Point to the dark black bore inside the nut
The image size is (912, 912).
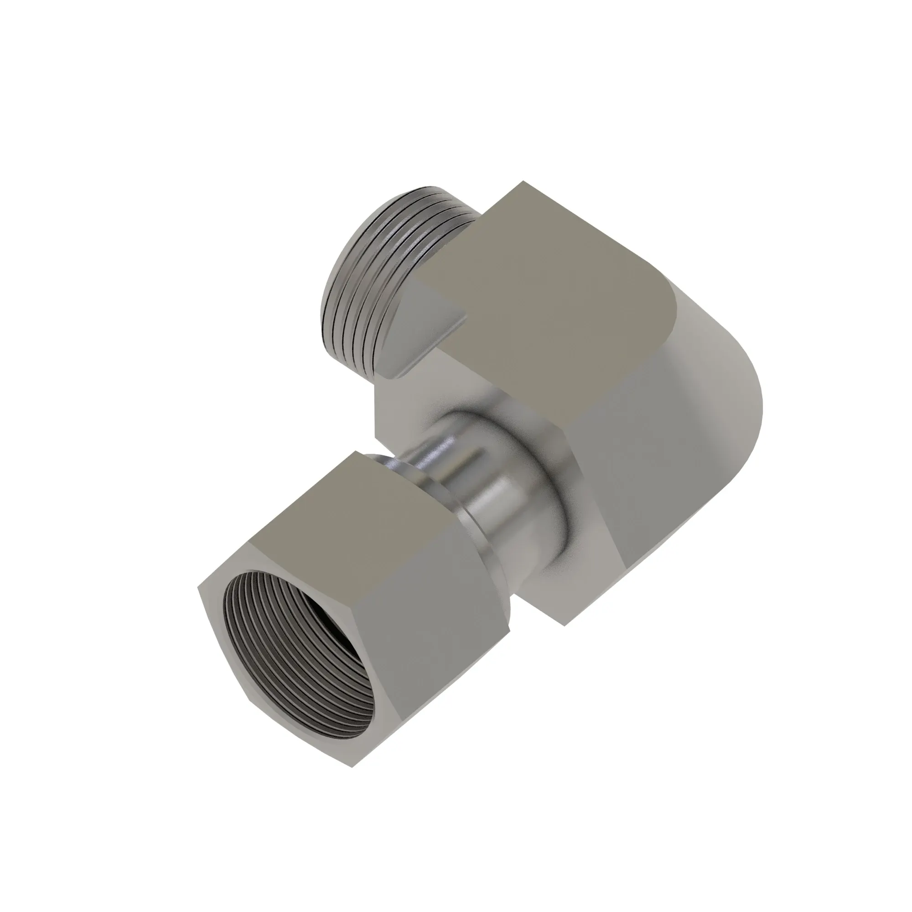(x=326, y=628)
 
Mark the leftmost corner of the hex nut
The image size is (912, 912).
(x=198, y=589)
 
